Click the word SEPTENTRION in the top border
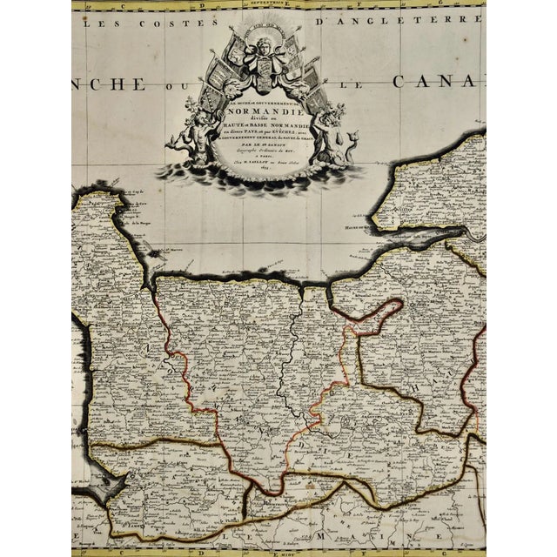click(287, 5)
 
